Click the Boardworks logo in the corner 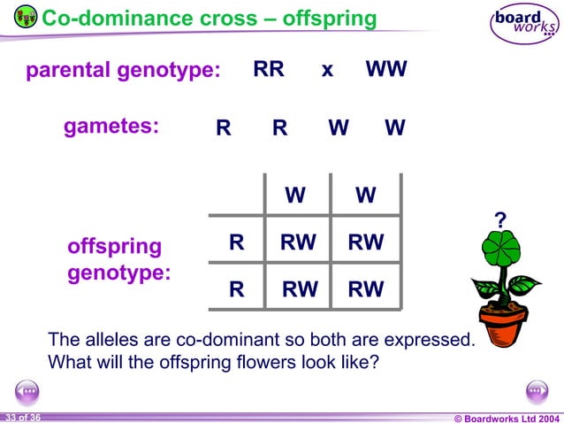coord(524,24)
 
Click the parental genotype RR coord(269,70)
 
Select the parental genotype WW coord(386,70)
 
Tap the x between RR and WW coord(327,71)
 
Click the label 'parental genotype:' coord(123,71)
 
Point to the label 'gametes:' coord(111,127)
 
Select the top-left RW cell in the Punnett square coord(298,242)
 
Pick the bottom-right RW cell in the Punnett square coord(365,289)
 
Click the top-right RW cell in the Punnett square coord(365,242)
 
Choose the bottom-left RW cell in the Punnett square coord(299,289)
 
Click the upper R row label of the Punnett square coord(236,242)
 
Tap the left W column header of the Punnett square coord(295,195)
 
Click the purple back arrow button coord(27,390)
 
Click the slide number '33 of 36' coord(22,417)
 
